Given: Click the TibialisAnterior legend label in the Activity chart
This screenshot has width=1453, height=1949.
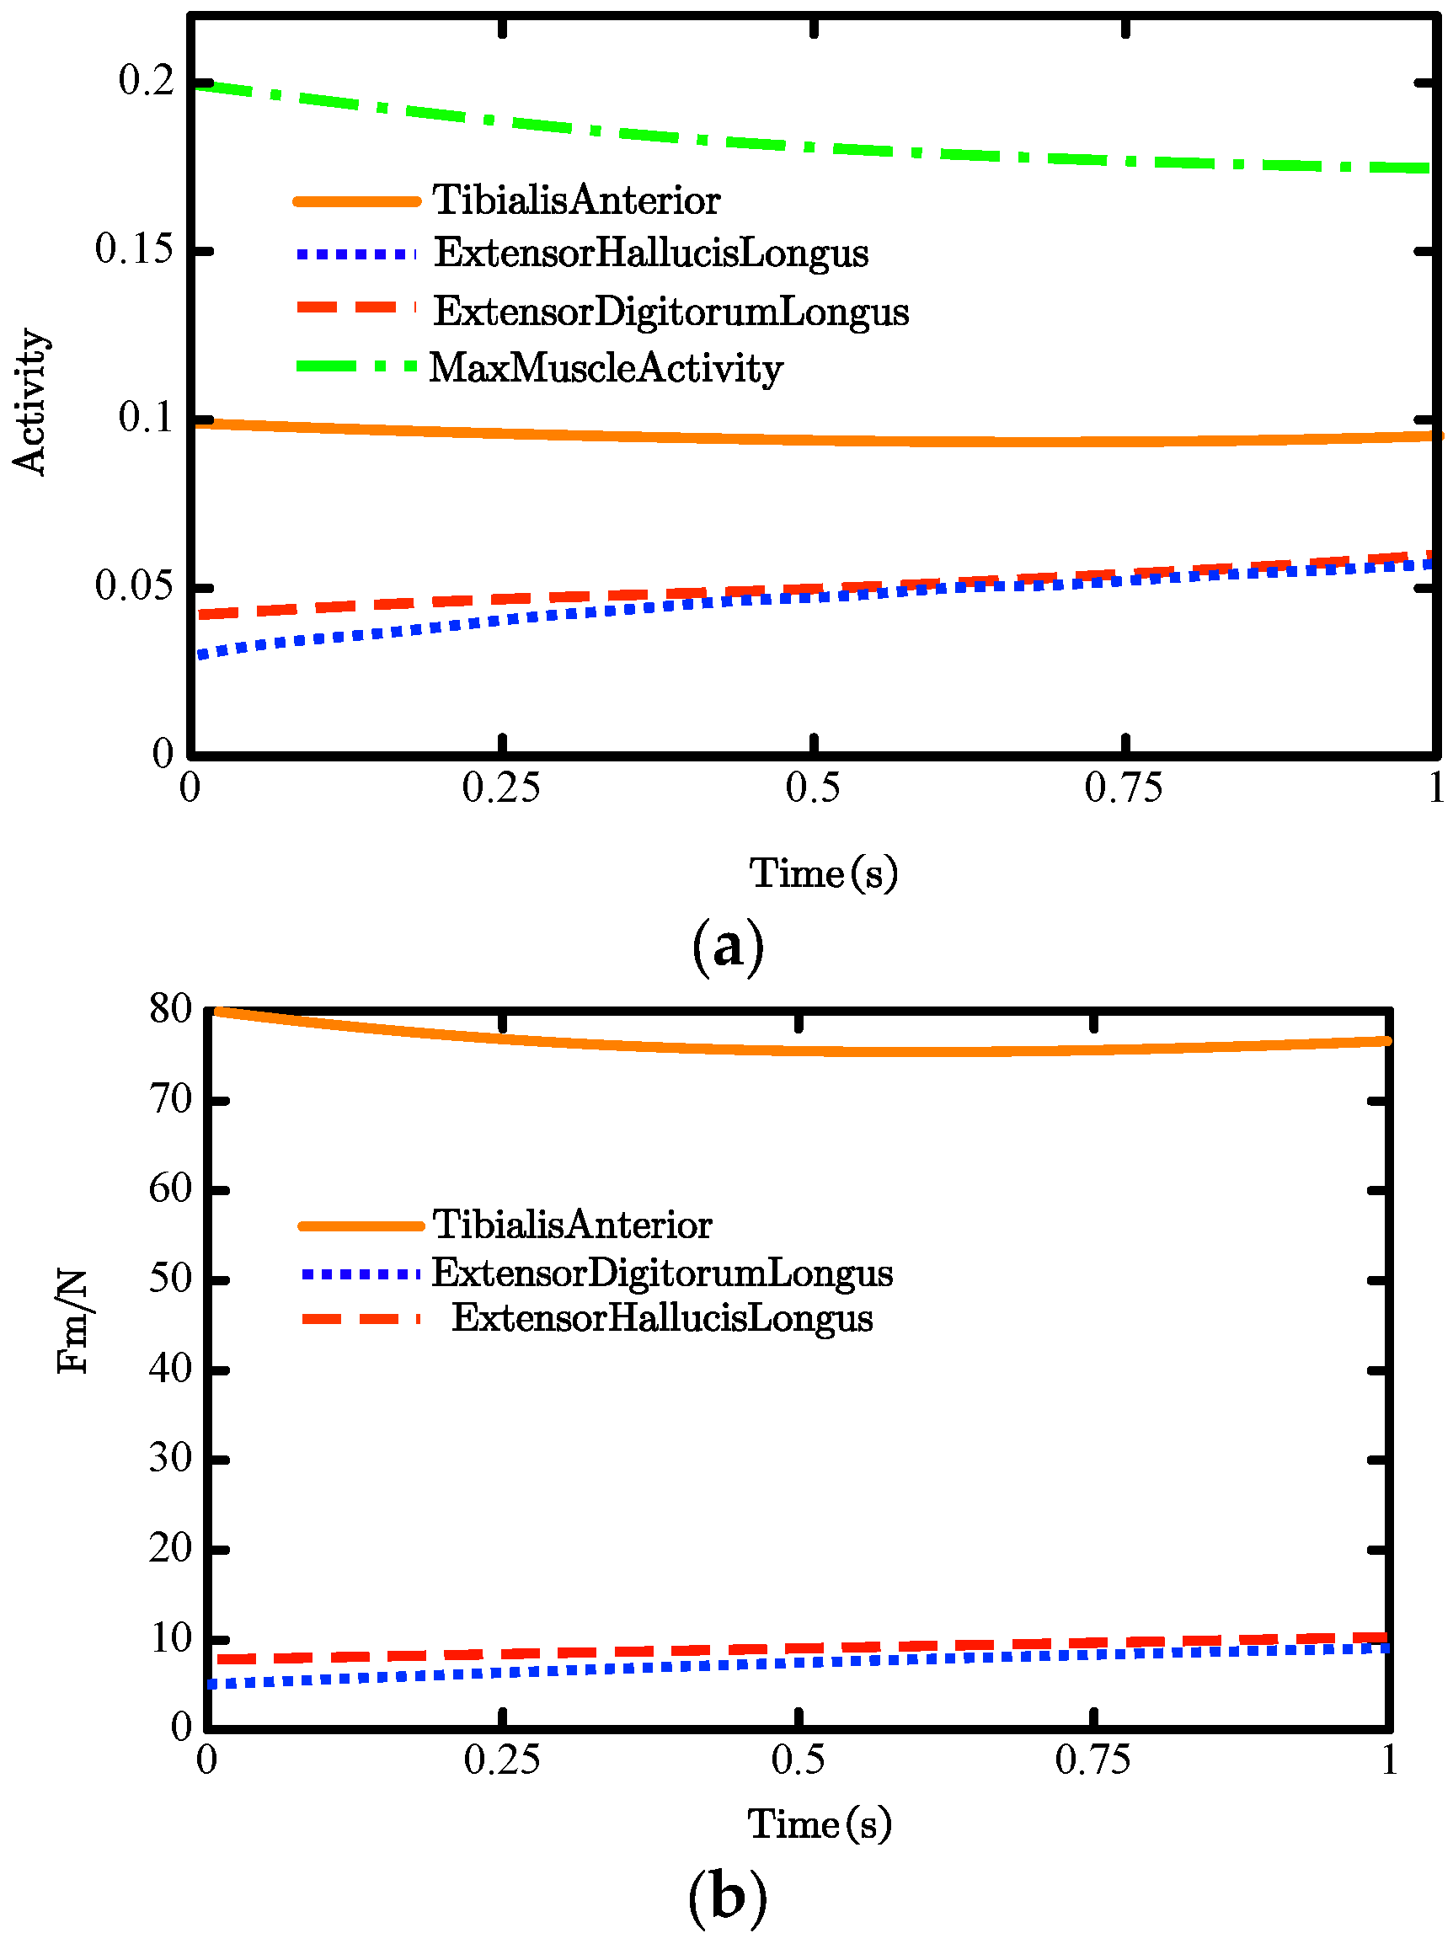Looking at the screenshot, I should pyautogui.click(x=576, y=200).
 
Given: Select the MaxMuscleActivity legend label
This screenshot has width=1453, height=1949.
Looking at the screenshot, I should pyautogui.click(x=606, y=367).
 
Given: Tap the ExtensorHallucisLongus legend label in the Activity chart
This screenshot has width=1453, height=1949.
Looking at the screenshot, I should pyautogui.click(x=651, y=254).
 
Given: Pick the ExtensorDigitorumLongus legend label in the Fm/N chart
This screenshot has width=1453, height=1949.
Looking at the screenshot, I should pyautogui.click(x=661, y=1273).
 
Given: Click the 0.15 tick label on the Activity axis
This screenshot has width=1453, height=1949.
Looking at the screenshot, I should pyautogui.click(x=134, y=249).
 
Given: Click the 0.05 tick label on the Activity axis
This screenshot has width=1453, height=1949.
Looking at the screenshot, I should pyautogui.click(x=134, y=585).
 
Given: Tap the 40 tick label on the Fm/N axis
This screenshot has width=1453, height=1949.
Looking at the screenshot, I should pyautogui.click(x=170, y=1369).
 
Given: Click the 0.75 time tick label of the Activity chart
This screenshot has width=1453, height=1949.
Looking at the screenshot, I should pyautogui.click(x=1123, y=788).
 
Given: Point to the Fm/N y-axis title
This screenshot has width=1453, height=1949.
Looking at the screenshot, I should pyautogui.click(x=72, y=1322).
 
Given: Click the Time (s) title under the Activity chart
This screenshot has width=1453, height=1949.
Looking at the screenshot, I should pyautogui.click(x=823, y=873).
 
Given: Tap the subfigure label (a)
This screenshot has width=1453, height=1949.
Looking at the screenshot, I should pyautogui.click(x=728, y=948).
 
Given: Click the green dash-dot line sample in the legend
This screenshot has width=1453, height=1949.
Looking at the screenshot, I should pyautogui.click(x=356, y=366).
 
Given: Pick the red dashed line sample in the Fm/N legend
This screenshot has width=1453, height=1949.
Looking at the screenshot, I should pyautogui.click(x=361, y=1318).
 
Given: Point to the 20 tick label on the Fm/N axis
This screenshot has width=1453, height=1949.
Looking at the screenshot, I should pyautogui.click(x=170, y=1549).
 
